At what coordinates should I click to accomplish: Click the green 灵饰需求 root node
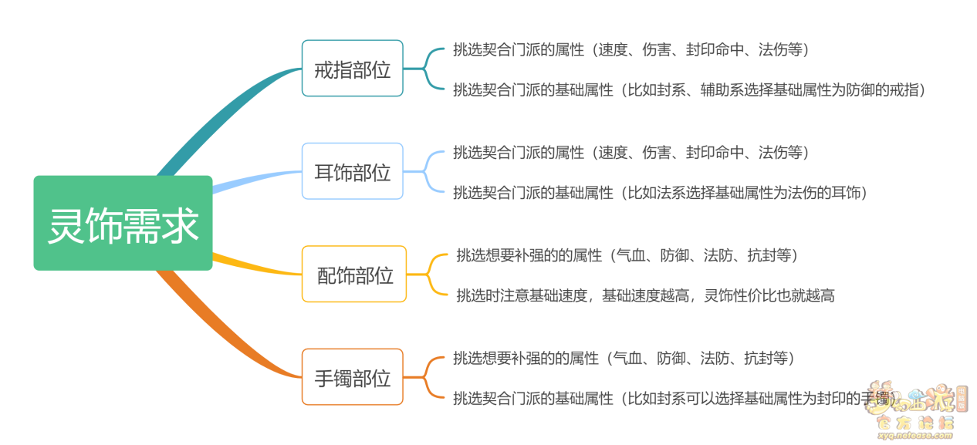123,223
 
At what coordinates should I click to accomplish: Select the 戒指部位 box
352,69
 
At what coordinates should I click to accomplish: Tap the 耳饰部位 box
352,171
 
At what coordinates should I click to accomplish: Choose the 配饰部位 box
353,274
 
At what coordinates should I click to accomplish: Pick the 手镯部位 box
352,377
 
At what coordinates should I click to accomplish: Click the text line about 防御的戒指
688,89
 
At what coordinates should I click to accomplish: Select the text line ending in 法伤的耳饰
660,192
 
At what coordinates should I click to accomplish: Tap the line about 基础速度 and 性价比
645,295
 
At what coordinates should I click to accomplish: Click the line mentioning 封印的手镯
671,399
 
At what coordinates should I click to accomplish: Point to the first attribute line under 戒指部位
630,49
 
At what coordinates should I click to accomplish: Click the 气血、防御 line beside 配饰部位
627,255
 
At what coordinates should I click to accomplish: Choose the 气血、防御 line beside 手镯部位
624,358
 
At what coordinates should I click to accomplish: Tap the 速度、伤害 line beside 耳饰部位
630,152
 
